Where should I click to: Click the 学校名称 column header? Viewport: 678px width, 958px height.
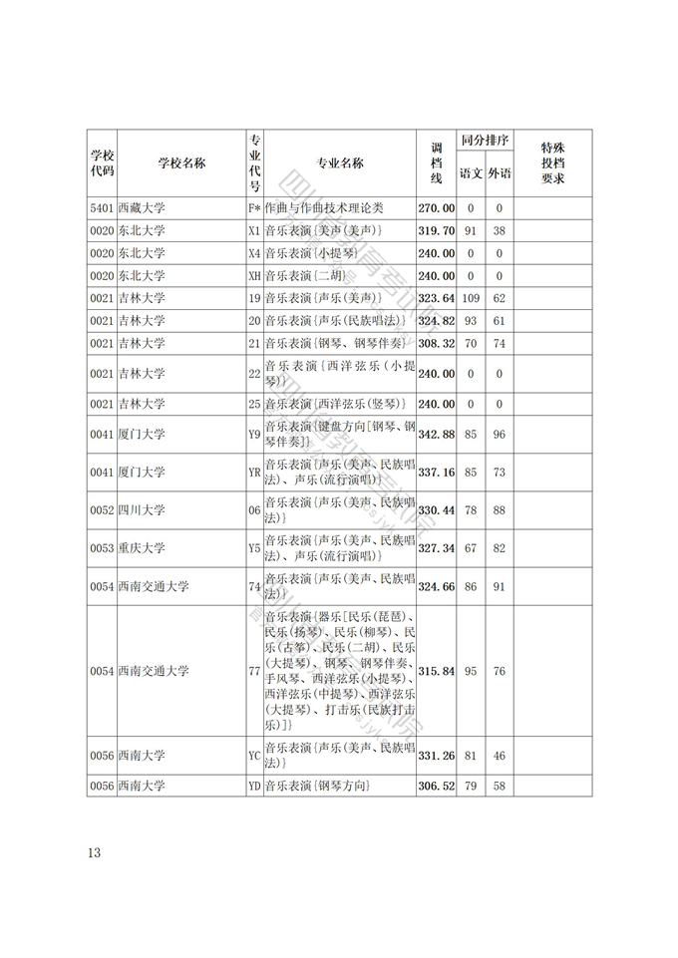tap(181, 163)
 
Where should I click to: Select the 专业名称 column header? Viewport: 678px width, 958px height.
tap(339, 163)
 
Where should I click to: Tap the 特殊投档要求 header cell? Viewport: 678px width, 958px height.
tap(553, 163)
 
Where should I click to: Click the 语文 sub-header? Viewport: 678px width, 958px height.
tap(471, 173)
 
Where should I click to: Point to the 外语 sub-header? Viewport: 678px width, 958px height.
tap(500, 173)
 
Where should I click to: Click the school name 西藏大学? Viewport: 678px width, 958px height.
tap(141, 208)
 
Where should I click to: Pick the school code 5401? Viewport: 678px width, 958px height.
tap(102, 208)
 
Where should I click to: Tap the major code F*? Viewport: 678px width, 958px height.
tap(253, 208)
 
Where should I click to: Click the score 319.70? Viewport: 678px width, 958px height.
tap(437, 231)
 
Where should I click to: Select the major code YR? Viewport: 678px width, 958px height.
tap(253, 473)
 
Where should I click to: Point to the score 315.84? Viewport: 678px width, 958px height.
tap(437, 672)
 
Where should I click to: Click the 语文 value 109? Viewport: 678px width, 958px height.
tap(471, 298)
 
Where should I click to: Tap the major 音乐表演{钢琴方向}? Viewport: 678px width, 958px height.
tap(316, 787)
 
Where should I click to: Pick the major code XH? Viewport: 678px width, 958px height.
tap(253, 276)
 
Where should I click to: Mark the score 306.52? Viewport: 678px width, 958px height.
tap(437, 787)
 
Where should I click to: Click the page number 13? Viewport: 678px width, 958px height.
tap(95, 853)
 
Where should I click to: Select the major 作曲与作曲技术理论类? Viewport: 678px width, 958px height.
tap(323, 208)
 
